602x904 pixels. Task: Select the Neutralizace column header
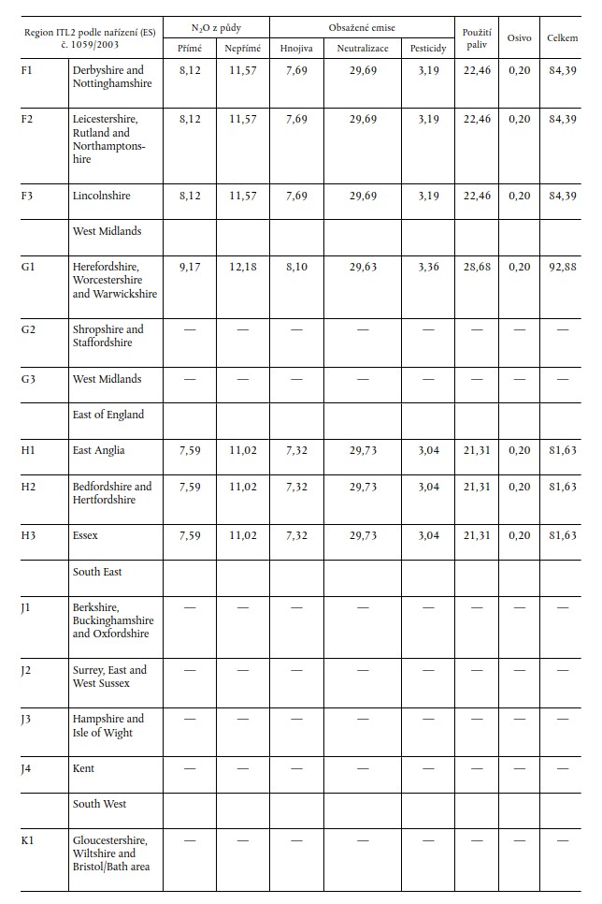click(x=363, y=48)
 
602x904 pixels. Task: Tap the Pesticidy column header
click(x=428, y=48)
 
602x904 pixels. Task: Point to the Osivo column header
click(x=519, y=37)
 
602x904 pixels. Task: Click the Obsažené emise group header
click(x=363, y=28)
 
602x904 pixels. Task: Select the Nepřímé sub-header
click(x=242, y=48)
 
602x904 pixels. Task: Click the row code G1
click(x=28, y=267)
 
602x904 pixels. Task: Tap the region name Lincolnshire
click(x=101, y=196)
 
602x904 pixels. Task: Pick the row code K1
click(x=28, y=839)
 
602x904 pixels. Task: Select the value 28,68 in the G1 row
click(x=477, y=267)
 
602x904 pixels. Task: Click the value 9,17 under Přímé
click(x=190, y=267)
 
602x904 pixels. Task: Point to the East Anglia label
click(x=98, y=450)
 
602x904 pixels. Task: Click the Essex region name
click(x=85, y=535)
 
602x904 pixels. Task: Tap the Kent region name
click(x=83, y=768)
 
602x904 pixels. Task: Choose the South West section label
click(x=99, y=804)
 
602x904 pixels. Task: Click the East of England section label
click(x=109, y=415)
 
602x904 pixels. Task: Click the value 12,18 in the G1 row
click(x=242, y=267)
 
